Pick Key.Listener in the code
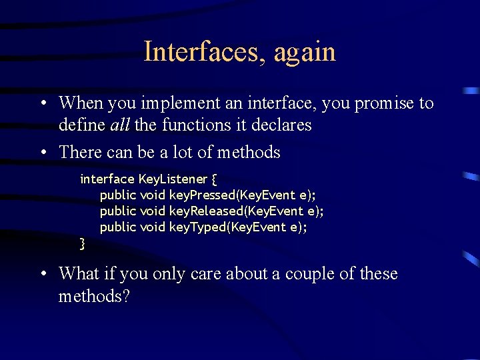tap(173, 179)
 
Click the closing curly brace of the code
tap(83, 243)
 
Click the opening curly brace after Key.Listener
tap(213, 179)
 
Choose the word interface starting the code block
tap(107, 179)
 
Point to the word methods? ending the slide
tap(94, 295)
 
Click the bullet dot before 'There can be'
tap(42, 153)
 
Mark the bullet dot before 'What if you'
tap(42, 275)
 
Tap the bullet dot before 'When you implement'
tap(42, 104)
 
